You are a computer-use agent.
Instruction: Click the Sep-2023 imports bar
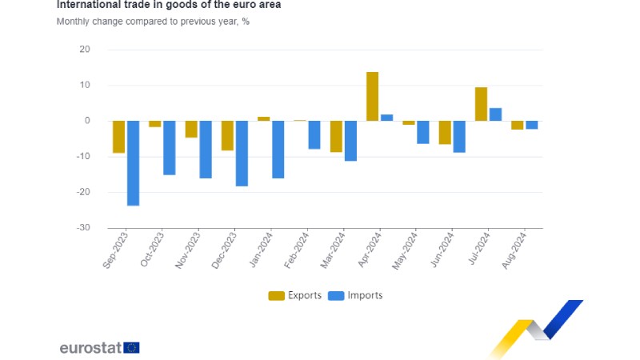point(133,163)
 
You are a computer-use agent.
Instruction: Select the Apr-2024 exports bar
point(372,97)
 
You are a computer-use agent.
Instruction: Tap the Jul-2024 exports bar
point(481,104)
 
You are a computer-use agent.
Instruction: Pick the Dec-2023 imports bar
point(242,154)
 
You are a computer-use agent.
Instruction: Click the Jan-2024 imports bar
point(278,150)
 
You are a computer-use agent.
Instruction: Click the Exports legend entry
point(294,295)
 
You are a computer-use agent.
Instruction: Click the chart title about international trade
point(168,5)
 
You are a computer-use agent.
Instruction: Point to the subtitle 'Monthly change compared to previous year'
point(153,21)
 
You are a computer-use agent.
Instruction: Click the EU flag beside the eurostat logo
point(132,347)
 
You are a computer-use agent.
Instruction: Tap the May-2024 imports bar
point(423,132)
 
